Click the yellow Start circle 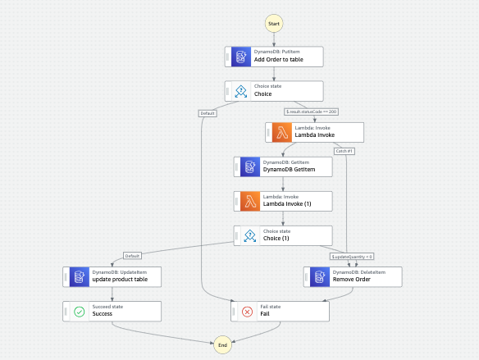pos(275,23)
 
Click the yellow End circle pos(221,345)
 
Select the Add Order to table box pos(274,57)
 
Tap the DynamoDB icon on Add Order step pos(240,57)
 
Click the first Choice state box pos(274,90)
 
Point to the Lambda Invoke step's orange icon pos(281,132)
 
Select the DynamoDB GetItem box pos(282,166)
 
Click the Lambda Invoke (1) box pos(282,201)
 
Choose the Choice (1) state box pos(282,236)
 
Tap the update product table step pos(112,276)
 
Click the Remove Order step pos(353,276)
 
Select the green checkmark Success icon pos(79,311)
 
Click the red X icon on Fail pos(247,311)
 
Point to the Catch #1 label pos(344,150)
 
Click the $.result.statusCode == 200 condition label pos(311,111)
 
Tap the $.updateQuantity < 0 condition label pos(352,256)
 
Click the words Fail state pos(271,307)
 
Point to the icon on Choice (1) pos(249,236)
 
